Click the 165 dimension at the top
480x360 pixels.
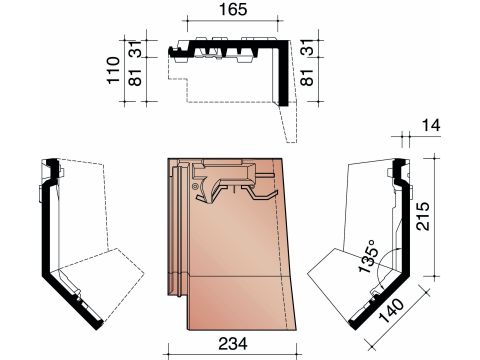[x=233, y=10]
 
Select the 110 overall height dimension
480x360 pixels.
[x=113, y=70]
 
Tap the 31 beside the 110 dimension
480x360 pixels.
[x=136, y=49]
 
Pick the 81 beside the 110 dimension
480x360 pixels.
[x=136, y=77]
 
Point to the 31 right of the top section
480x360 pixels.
[x=307, y=47]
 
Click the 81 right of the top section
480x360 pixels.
[x=307, y=77]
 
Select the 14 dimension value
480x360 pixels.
[x=431, y=126]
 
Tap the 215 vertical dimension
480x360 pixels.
[x=423, y=216]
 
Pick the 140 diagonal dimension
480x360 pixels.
[x=392, y=311]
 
